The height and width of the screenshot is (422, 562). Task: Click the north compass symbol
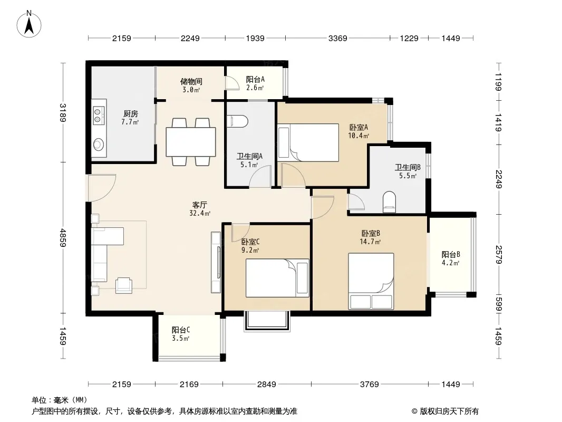click(29, 24)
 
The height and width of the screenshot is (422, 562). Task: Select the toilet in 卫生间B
click(389, 200)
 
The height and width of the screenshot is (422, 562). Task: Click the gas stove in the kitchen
click(99, 116)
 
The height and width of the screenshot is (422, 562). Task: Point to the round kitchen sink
click(99, 145)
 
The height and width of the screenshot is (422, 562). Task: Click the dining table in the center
click(191, 141)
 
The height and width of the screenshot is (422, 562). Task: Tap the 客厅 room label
click(200, 205)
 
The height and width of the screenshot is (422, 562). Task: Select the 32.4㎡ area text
click(200, 213)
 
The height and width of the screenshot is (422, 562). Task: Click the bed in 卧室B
click(371, 281)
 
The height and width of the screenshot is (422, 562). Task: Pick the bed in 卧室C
click(277, 278)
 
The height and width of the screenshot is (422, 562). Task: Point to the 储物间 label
click(191, 81)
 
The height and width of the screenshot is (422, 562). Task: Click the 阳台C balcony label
click(181, 330)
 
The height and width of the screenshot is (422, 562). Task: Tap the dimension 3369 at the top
click(337, 38)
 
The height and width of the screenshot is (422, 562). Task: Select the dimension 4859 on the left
click(63, 237)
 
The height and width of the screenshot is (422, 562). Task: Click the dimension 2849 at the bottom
click(267, 385)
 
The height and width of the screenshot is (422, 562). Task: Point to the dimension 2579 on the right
click(499, 254)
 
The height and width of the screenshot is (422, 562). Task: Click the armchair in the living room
click(124, 285)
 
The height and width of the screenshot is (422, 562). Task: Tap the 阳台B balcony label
click(451, 255)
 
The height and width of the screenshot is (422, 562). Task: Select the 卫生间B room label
click(408, 167)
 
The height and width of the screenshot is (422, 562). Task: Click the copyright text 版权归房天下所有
click(449, 411)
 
